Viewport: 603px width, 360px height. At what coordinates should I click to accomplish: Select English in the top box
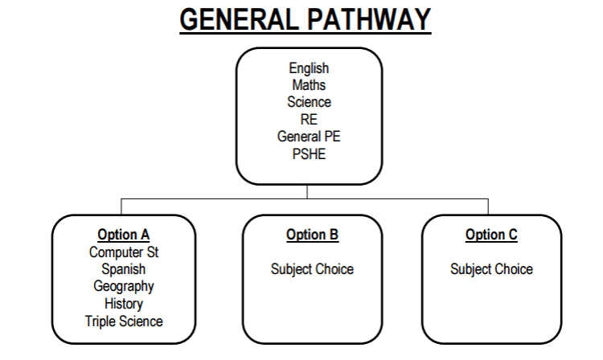(309, 69)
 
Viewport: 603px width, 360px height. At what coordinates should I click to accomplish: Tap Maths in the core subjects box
(309, 85)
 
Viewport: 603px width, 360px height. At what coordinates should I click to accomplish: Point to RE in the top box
(309, 120)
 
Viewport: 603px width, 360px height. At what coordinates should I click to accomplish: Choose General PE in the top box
(309, 137)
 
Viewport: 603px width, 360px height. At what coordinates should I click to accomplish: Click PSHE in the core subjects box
(309, 153)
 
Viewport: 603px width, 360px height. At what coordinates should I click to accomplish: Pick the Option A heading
(124, 235)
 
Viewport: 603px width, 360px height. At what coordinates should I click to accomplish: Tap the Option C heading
(491, 235)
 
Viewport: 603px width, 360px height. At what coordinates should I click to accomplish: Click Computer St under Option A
(124, 252)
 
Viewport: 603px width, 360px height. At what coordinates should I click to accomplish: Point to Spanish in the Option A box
(124, 269)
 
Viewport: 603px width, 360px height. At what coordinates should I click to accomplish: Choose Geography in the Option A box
(124, 286)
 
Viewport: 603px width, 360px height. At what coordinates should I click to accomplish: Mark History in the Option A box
(124, 304)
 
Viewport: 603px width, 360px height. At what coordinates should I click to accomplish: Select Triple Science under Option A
(124, 321)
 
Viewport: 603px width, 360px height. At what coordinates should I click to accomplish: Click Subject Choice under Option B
(312, 269)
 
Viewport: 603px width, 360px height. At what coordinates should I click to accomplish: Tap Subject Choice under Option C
(491, 269)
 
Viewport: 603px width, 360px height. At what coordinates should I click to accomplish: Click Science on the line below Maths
(309, 102)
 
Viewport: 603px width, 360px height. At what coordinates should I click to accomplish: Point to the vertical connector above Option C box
(488, 207)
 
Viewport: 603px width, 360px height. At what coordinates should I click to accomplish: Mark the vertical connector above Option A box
(121, 207)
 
